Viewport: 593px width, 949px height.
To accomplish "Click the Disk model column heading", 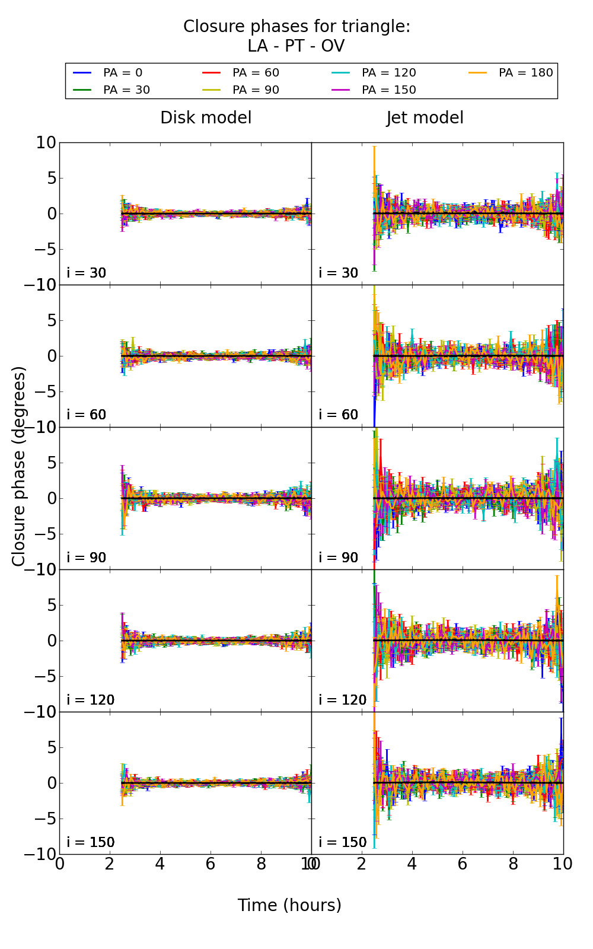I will coord(206,118).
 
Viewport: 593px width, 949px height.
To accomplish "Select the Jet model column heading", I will coord(425,118).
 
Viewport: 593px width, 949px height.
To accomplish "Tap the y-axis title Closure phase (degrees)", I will coord(19,466).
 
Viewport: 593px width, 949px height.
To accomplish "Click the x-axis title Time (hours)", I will coord(289,905).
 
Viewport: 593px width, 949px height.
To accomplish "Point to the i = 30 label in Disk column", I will coord(87,273).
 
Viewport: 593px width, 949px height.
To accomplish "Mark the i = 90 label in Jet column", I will coord(339,558).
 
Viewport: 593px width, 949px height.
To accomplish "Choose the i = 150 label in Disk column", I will coord(91,842).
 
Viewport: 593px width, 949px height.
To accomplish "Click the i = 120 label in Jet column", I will coord(343,700).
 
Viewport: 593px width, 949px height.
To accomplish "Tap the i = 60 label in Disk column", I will coord(87,415).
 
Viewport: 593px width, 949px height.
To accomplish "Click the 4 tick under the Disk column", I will coord(160,864).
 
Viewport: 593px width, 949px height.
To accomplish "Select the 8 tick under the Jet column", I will coord(513,864).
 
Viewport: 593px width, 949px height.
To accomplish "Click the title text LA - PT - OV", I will coord(296,46).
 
